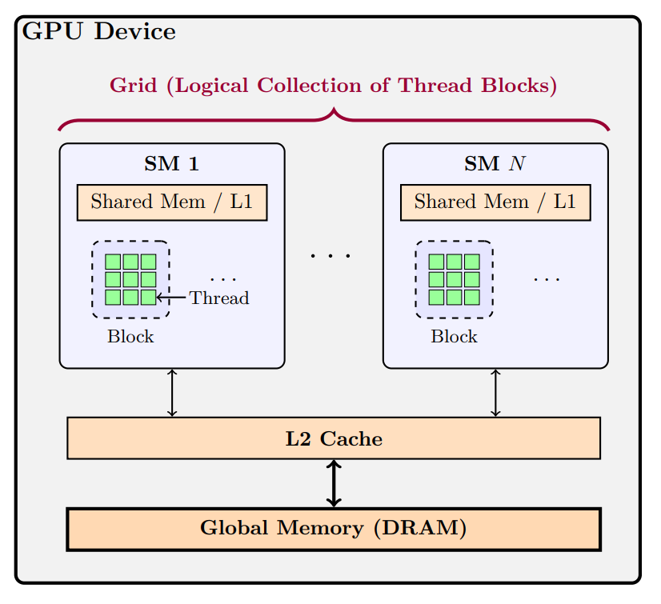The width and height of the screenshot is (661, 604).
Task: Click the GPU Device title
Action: pos(99,32)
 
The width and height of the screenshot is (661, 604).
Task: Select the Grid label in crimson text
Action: pos(333,86)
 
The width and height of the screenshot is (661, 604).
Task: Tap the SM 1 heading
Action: pos(171,164)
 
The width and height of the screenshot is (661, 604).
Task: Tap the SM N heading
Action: pos(495,164)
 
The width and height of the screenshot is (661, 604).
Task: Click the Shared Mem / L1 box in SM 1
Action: pos(171,202)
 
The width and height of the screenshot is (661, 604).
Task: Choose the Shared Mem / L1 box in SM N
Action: pos(495,202)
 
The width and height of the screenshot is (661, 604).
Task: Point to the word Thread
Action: pos(219,298)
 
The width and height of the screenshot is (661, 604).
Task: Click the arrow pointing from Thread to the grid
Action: pos(171,298)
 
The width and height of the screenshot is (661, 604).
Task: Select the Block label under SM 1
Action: pos(130,337)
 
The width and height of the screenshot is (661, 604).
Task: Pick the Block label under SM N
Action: pos(454,337)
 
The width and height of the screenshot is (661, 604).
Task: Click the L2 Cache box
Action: pos(333,438)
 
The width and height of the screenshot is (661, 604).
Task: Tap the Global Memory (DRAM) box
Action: pos(333,529)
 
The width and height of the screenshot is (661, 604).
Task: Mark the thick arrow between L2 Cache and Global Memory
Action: pos(334,483)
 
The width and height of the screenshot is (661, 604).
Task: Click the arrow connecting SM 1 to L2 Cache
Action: pos(171,393)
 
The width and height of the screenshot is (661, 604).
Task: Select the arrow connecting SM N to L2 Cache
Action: pos(495,393)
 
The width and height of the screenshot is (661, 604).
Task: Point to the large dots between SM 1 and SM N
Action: pos(331,256)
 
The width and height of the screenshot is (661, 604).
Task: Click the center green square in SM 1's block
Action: pos(130,279)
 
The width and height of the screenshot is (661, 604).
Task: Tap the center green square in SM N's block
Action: pos(454,279)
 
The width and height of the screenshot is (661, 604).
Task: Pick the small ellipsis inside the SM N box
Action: pos(547,280)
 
